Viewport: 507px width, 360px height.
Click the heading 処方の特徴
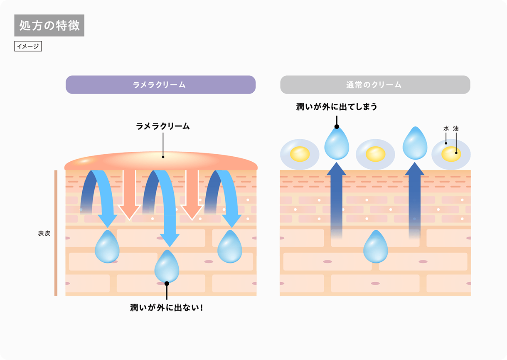pyautogui.click(x=49, y=25)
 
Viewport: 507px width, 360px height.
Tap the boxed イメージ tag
pyautogui.click(x=28, y=46)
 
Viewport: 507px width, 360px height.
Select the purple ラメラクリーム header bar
pyautogui.click(x=160, y=85)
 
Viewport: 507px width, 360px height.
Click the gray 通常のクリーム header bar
pyautogui.click(x=375, y=85)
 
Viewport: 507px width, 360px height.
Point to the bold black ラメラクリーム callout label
pyautogui.click(x=163, y=126)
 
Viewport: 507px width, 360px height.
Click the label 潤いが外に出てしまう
pyautogui.click(x=337, y=107)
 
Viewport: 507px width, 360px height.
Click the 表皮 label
pyautogui.click(x=44, y=233)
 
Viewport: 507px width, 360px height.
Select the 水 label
pyautogui.click(x=446, y=129)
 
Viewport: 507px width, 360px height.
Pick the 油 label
pyautogui.click(x=456, y=129)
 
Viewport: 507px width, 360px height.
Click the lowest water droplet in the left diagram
pyautogui.click(x=167, y=267)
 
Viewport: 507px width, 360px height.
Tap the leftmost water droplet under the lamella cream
pyautogui.click(x=107, y=248)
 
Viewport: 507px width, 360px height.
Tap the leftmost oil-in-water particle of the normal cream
pyautogui.click(x=300, y=154)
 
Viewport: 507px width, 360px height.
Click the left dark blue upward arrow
pyautogui.click(x=337, y=200)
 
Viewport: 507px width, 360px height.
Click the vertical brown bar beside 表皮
pyautogui.click(x=56, y=233)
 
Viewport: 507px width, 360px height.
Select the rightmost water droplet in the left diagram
pyautogui.click(x=230, y=248)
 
